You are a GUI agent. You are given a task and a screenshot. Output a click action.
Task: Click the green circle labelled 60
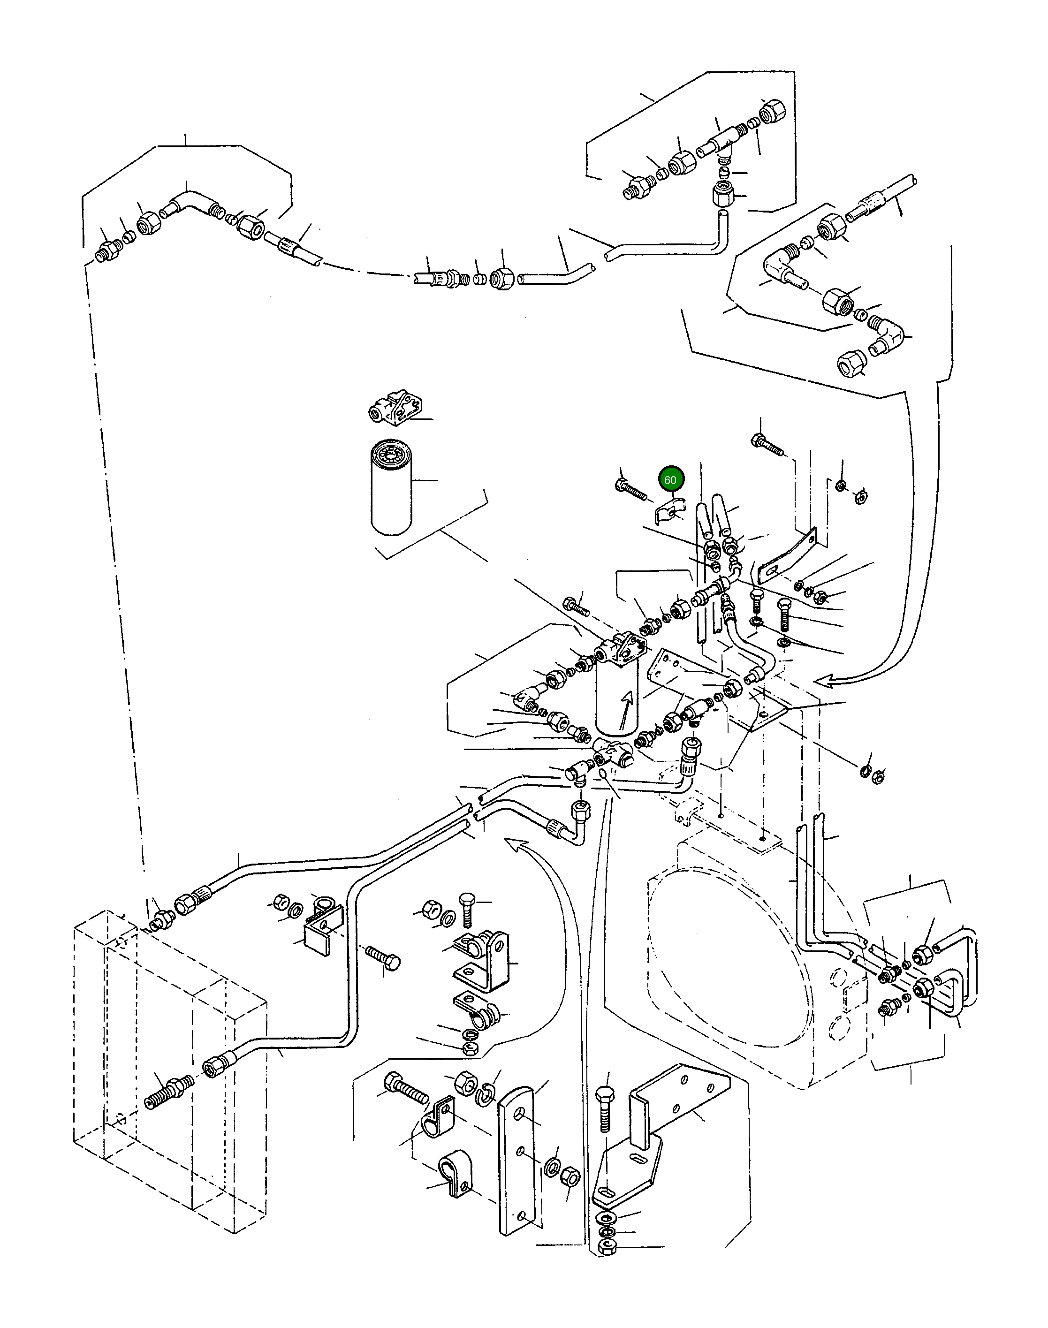(x=670, y=480)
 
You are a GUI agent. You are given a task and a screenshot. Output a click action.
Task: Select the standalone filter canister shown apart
(x=391, y=486)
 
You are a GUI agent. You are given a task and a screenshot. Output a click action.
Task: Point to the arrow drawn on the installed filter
(x=625, y=708)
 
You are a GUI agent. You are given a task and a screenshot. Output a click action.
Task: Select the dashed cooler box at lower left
(x=169, y=1067)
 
